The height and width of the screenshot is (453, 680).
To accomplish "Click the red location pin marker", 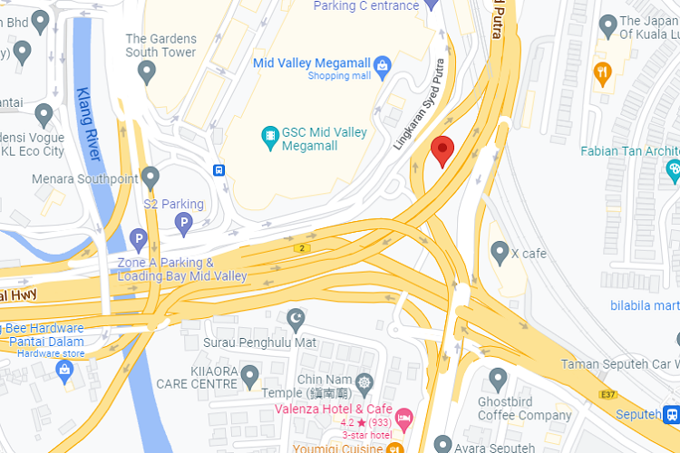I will coord(442,150).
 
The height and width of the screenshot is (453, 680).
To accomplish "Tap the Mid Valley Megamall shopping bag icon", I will coord(383,64).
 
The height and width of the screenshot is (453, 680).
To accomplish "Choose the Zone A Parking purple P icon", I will coord(138,240).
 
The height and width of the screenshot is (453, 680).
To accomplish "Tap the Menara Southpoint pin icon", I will coord(151,177).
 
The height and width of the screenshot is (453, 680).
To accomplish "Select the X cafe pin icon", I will coord(499,252).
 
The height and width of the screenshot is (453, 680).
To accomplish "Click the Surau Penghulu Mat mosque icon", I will coord(296,320).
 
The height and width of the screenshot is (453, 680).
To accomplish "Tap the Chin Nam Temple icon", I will coord(364,381).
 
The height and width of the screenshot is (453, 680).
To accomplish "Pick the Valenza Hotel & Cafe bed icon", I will coord(403,416).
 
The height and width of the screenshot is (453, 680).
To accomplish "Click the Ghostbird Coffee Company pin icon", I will coord(497,379).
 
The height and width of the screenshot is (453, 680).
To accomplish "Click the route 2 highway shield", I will coord(301,248).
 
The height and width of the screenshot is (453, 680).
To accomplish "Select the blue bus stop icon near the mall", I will coord(219,169).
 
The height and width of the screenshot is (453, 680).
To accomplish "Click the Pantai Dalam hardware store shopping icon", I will coord(64,370).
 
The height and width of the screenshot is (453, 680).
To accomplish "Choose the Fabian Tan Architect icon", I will coord(674,169).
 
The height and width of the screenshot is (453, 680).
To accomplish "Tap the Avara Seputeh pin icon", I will coord(442,444).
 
